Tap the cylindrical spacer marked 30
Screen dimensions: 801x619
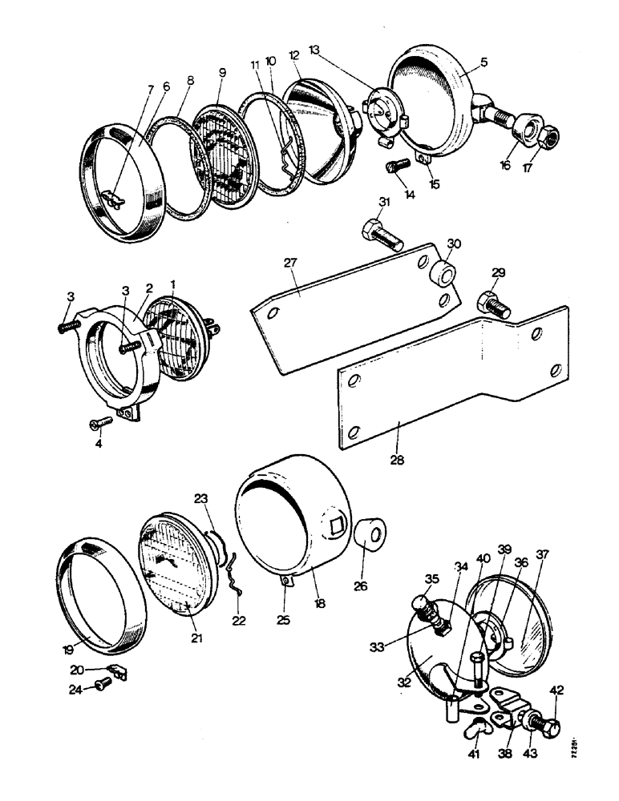coord(444,271)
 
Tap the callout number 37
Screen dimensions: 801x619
coord(544,555)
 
